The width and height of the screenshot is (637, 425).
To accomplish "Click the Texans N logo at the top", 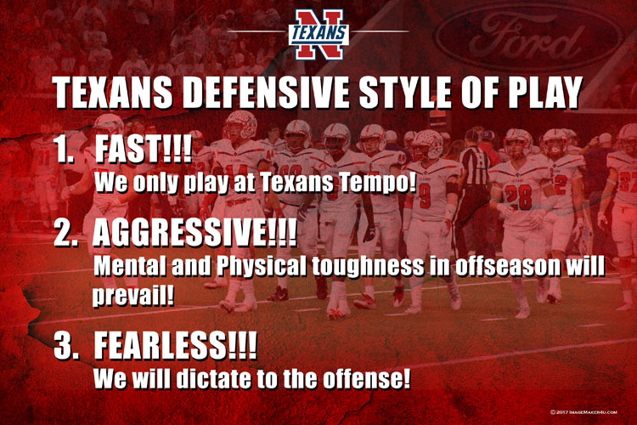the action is [318, 34].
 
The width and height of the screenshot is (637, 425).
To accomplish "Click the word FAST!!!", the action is [144, 149].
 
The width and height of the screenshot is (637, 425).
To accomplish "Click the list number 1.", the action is [65, 150].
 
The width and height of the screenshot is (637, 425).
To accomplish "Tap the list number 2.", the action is [65, 235].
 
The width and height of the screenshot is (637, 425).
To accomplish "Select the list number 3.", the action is [65, 346].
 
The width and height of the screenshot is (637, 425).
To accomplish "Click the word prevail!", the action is [133, 295].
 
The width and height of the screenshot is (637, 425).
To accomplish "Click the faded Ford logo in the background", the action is [529, 37].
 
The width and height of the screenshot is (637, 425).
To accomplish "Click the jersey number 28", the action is [518, 197].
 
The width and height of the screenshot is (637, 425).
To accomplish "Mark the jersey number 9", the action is [425, 196].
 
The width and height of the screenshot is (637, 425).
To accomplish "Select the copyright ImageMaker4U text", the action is [583, 412].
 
